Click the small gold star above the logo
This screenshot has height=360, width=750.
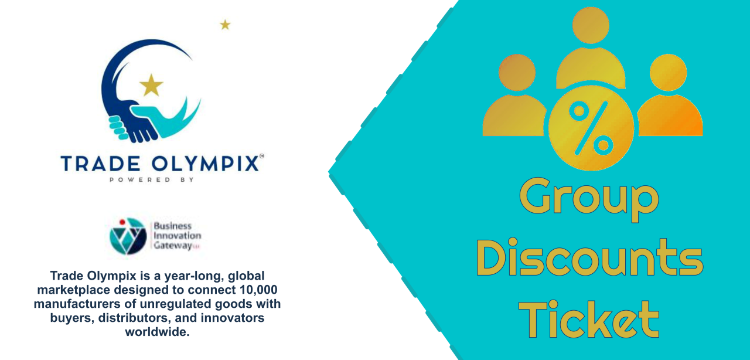coord(225,25)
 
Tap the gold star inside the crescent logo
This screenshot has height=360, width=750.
coord(151,85)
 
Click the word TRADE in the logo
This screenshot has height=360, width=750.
coord(100,164)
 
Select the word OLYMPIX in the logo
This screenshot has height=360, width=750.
coord(205,164)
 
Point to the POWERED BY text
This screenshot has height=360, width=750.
coord(152,179)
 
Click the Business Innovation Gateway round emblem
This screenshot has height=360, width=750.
coord(128,236)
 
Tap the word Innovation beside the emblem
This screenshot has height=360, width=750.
coord(177,236)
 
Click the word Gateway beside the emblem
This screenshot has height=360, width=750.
coord(173,246)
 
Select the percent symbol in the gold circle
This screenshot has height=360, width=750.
coord(591,128)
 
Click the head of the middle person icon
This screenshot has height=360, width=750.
coord(591,25)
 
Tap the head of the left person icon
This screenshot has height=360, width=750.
coord(517,72)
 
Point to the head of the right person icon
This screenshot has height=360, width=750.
coord(669,72)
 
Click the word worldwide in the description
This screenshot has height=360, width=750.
coord(158,332)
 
